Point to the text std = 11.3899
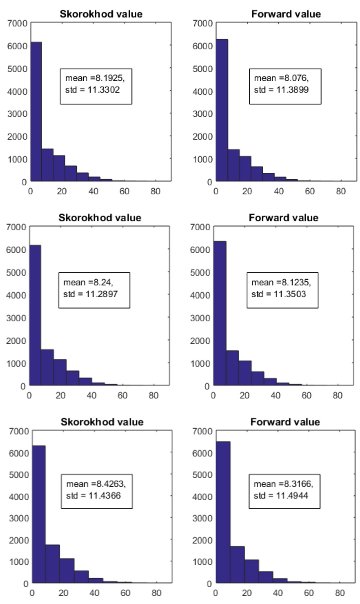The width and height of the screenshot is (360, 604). (281, 90)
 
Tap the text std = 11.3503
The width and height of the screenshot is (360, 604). (279, 294)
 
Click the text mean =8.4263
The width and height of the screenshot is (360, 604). (96, 484)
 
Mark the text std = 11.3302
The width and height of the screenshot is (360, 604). (93, 90)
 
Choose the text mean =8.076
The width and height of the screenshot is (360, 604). (281, 78)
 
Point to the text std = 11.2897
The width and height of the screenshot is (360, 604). (90, 294)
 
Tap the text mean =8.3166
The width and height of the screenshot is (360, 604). (283, 484)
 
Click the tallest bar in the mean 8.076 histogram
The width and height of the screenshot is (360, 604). (222, 110)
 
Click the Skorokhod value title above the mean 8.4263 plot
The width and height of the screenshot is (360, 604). (102, 422)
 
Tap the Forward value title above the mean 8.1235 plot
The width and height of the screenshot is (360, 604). (283, 218)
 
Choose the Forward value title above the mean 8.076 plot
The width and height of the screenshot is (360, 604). (286, 14)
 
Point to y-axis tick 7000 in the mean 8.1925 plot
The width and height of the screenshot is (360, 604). (17, 23)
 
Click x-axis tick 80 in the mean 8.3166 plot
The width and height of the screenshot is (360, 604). (340, 593)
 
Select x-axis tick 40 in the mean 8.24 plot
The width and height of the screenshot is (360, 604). (91, 395)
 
